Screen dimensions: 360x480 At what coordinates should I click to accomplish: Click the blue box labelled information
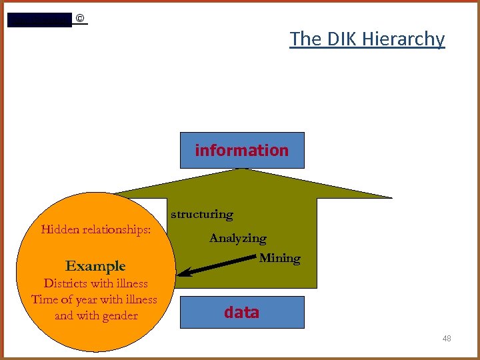(x=241, y=150)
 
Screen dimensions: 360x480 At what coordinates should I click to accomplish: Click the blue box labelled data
(x=241, y=312)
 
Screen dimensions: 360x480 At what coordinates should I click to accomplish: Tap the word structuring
(x=202, y=214)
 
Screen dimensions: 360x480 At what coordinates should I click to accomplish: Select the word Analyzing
(x=237, y=238)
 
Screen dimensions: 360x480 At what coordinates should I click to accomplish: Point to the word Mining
(x=279, y=258)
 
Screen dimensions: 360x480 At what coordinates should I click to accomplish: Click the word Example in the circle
(x=95, y=266)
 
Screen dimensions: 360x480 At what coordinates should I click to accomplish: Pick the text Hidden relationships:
(x=96, y=230)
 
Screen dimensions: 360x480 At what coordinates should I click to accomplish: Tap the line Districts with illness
(x=95, y=283)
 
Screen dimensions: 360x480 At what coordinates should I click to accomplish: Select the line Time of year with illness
(x=94, y=299)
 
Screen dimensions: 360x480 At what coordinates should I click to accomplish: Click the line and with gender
(x=96, y=315)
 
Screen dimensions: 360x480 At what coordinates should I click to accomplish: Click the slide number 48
(x=447, y=339)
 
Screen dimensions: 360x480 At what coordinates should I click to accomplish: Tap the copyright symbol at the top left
(x=80, y=18)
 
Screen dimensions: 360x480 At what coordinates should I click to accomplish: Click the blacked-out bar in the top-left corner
(x=39, y=20)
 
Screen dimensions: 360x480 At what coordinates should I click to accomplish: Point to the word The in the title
(x=305, y=39)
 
